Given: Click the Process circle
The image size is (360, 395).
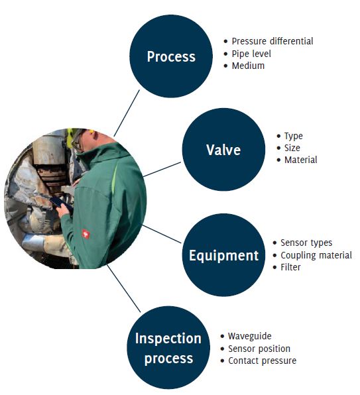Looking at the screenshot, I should tap(171, 56).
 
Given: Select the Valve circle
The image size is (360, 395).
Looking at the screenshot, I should tap(223, 149).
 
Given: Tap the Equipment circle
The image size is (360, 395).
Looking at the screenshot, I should tap(223, 254).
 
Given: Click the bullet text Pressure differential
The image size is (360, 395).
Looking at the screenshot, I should tap(272, 41).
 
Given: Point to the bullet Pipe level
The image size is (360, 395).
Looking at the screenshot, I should tap(251, 54).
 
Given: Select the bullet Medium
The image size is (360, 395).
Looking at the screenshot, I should tap(248, 66).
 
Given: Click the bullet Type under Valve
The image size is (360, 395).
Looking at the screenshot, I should tap(293, 136).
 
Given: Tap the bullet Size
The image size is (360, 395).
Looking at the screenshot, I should tap(292, 148).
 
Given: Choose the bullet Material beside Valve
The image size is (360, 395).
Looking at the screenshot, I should tap(300, 160).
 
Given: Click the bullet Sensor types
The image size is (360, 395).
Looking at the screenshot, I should tap(306, 243).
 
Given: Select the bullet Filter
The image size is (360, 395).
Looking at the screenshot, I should tap(290, 267).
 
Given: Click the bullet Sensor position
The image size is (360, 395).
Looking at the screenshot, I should tap(259, 349).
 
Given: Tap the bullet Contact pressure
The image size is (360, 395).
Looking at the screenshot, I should tap(262, 361).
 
